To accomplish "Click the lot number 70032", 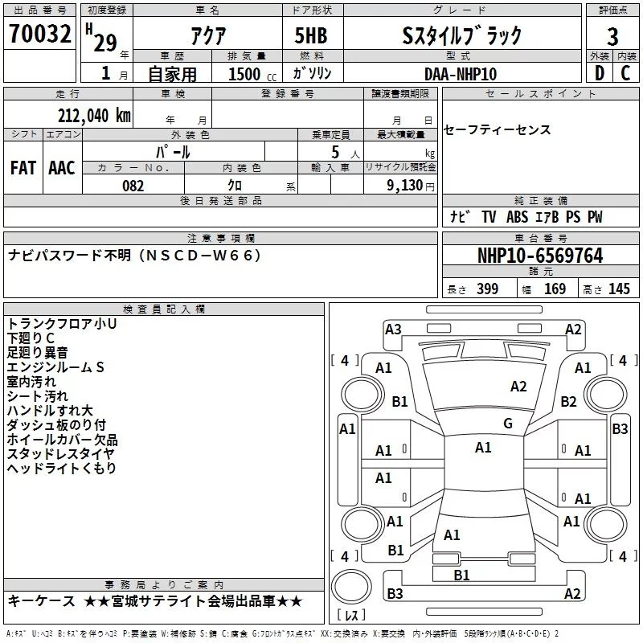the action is (40, 34).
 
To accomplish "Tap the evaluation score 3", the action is (612, 36).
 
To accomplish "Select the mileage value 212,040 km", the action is (94, 115).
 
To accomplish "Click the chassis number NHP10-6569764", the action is (539, 256).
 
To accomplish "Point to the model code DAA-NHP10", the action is (461, 73).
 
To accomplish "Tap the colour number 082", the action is (133, 185).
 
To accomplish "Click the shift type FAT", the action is (23, 167).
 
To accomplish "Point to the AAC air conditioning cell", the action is (61, 167).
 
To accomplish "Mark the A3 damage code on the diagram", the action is (393, 329).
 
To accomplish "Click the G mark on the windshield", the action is (507, 424).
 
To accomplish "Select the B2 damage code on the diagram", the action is (569, 401).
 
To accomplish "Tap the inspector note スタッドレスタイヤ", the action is (60, 453).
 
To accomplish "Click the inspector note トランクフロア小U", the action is (62, 323).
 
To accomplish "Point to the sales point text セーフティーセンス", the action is (497, 130).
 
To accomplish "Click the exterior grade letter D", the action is (599, 73).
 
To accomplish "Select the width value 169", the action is (555, 289).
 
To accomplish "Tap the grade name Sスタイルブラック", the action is (461, 35).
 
